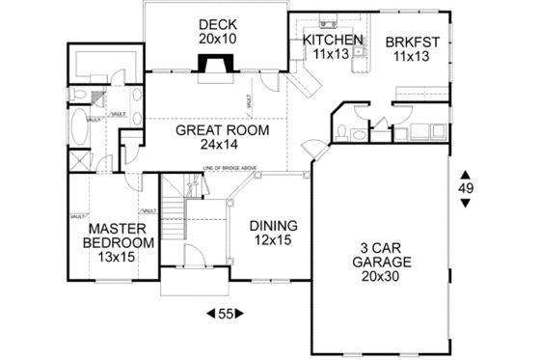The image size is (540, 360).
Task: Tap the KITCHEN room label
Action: click(x=333, y=40)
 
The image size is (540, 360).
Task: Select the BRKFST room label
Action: click(x=413, y=42)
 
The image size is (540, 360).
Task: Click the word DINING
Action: click(x=273, y=226)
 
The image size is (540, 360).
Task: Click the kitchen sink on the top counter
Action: click(x=327, y=20)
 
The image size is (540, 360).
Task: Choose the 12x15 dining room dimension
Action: click(x=273, y=240)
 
